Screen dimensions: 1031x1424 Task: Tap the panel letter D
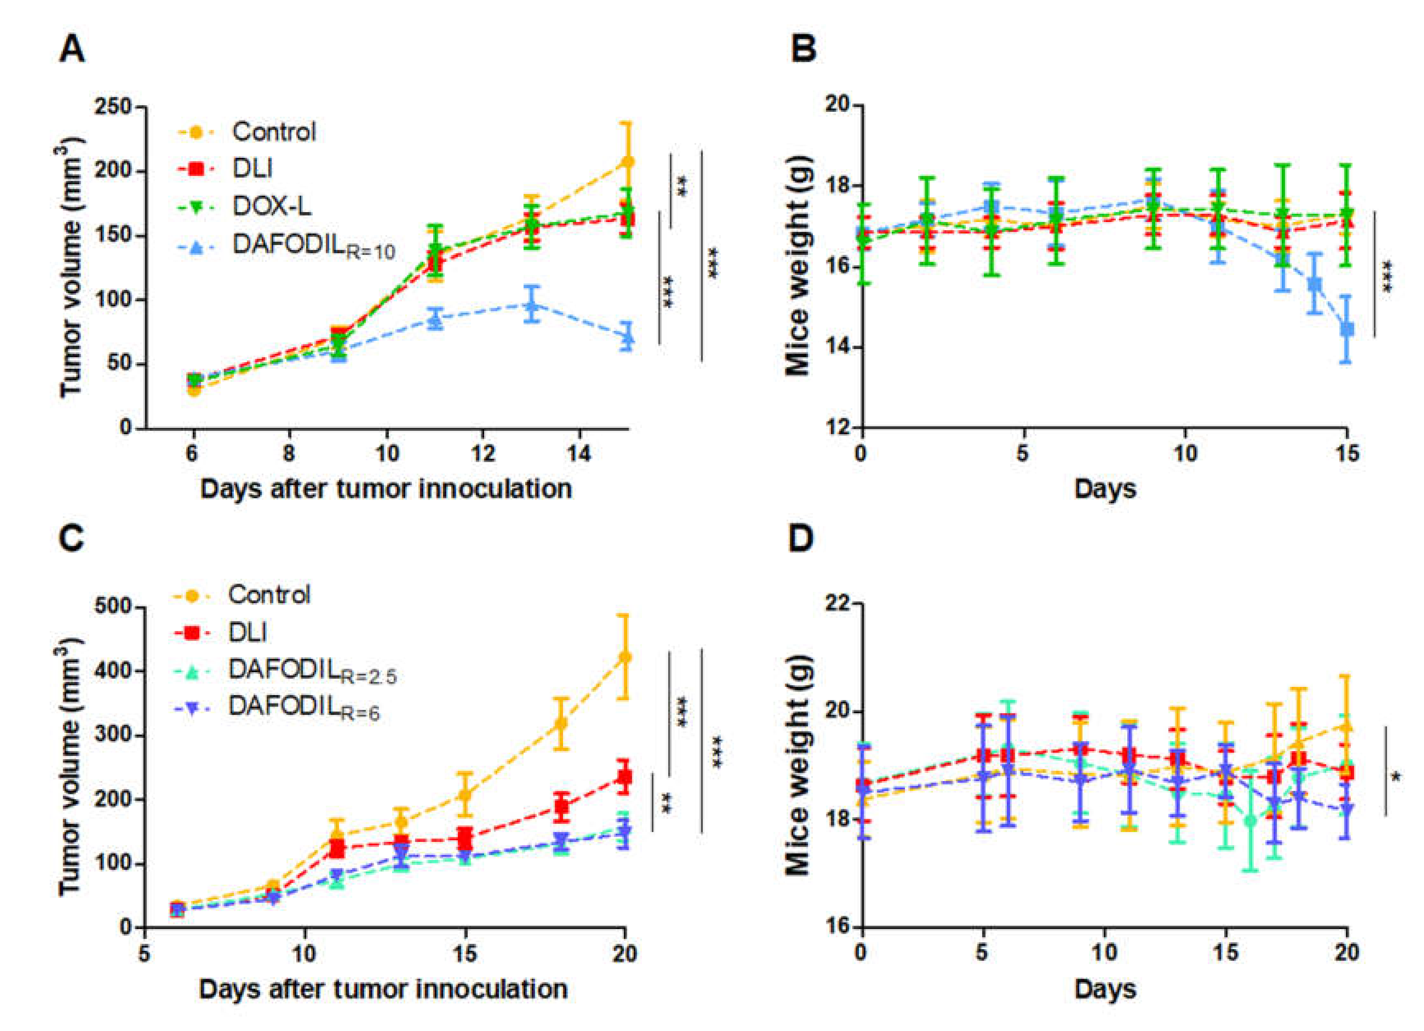click(x=801, y=539)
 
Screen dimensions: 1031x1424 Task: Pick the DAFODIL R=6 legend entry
click(x=303, y=707)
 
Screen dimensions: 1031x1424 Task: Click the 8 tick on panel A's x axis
click(x=289, y=453)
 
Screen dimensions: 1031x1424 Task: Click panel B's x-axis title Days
click(x=1105, y=488)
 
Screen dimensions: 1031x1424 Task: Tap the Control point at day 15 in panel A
click(x=627, y=162)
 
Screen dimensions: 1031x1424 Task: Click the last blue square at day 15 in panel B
click(x=1346, y=330)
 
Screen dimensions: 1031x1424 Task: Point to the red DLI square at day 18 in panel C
click(x=562, y=806)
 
